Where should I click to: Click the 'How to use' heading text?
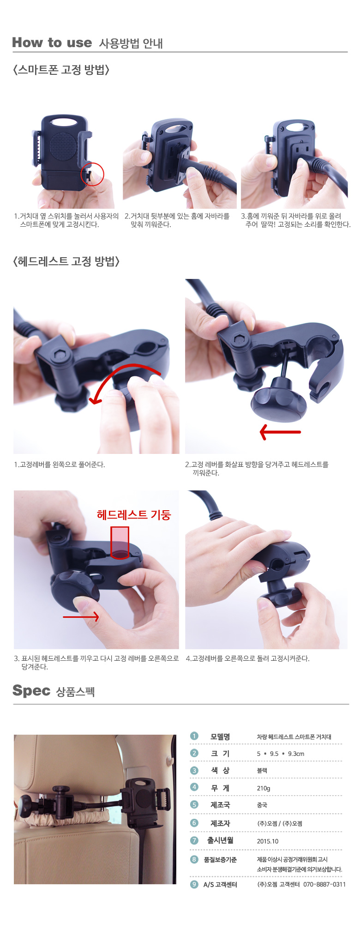click(x=52, y=43)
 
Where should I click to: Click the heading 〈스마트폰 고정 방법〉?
click(x=61, y=70)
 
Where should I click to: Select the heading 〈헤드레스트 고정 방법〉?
click(x=66, y=262)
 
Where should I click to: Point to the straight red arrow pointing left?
click(x=280, y=432)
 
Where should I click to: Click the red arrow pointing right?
click(x=81, y=616)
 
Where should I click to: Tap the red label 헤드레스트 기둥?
click(x=134, y=515)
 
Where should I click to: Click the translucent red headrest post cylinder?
click(x=120, y=542)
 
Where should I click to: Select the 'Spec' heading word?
click(x=31, y=691)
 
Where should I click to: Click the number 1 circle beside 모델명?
click(x=194, y=736)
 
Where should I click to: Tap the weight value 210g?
click(x=264, y=788)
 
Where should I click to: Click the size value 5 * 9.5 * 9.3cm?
click(x=281, y=754)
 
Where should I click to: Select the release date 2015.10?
click(x=268, y=841)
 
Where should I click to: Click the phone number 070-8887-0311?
click(x=324, y=884)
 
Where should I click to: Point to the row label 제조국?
click(x=220, y=805)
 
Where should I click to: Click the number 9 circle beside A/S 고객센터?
click(x=194, y=884)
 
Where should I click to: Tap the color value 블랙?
click(x=262, y=771)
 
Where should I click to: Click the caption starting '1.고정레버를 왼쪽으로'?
click(x=60, y=465)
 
